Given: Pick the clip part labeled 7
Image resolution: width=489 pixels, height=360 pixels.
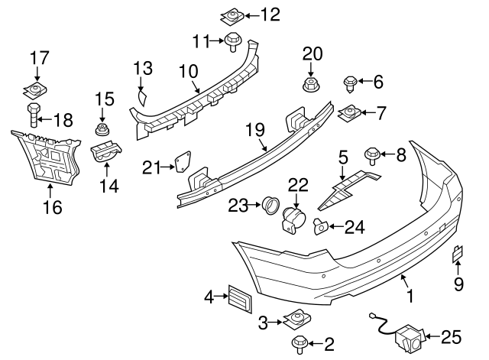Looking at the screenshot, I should [350, 114].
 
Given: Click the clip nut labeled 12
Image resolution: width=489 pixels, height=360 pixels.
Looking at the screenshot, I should [232, 14].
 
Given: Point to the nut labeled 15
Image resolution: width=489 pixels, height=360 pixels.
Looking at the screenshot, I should [100, 127].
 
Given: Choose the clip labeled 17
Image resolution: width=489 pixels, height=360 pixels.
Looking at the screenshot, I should [34, 89].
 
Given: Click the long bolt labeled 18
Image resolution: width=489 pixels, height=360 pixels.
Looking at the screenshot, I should [33, 118].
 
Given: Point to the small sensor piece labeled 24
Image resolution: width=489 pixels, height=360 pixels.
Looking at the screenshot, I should [321, 225].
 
